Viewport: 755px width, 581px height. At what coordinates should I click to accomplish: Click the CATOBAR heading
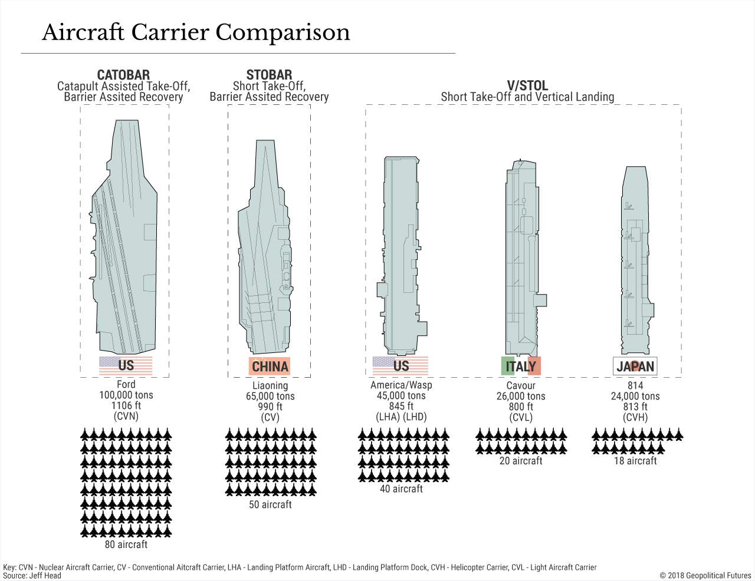123,75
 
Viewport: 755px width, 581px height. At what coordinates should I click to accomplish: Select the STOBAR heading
270,75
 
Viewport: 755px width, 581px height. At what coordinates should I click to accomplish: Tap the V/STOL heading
527,85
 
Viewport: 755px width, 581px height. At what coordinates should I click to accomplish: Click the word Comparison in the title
283,33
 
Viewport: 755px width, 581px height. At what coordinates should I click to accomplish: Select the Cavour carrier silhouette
523,259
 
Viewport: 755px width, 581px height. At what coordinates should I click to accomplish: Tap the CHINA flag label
270,366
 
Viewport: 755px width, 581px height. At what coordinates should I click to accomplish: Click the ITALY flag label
521,366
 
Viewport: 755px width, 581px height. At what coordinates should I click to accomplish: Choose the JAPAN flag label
635,366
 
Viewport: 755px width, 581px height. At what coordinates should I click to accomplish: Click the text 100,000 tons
126,395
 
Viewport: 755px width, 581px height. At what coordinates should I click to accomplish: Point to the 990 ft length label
270,407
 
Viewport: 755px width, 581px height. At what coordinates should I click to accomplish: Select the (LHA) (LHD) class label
401,417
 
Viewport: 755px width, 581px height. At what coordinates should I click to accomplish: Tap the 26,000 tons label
521,396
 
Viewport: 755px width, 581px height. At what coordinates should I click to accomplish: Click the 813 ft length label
635,407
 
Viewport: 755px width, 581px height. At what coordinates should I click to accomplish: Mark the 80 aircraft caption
126,544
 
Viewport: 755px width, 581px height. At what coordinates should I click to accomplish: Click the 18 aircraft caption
635,461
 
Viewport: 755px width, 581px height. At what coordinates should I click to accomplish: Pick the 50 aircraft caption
270,504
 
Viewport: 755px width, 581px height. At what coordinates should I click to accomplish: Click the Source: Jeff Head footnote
32,576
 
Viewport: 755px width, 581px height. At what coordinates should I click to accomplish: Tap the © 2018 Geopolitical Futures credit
705,576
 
